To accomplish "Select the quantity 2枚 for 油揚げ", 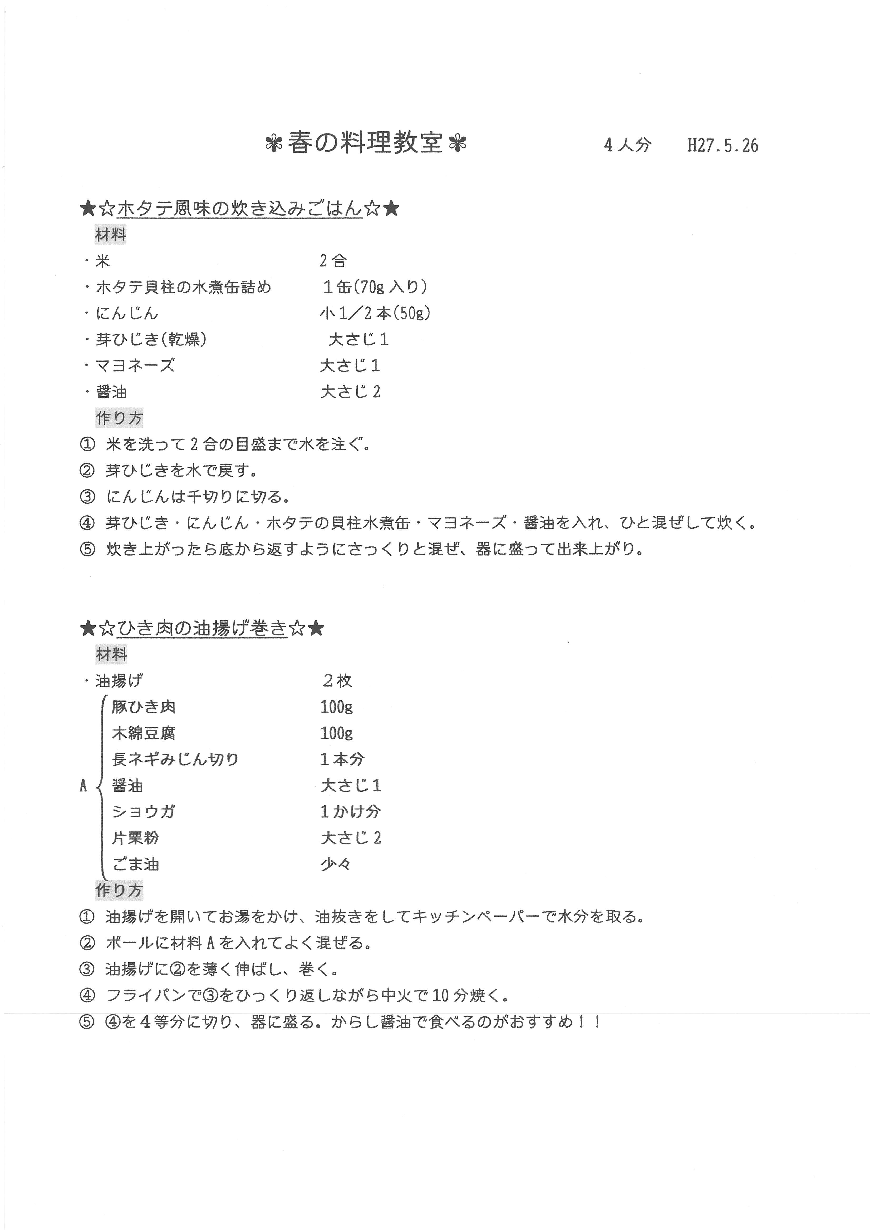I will tap(337, 681).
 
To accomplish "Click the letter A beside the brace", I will tap(83, 786).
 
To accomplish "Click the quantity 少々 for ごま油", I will tap(335, 865).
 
